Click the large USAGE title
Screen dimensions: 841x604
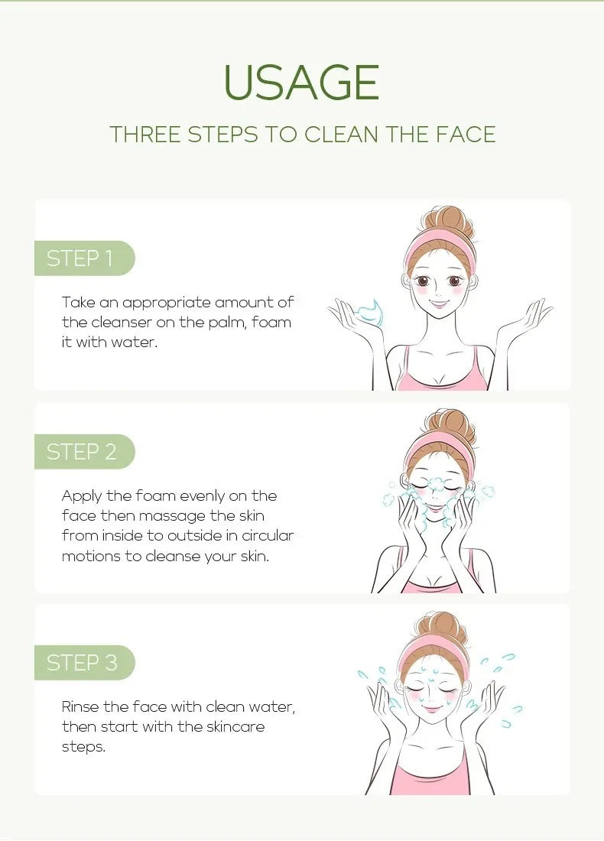302,83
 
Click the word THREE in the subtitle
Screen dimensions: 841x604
145,135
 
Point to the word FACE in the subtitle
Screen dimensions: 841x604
466,135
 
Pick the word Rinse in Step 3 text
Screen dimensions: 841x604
80,706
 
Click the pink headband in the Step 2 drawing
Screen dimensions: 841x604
440,446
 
